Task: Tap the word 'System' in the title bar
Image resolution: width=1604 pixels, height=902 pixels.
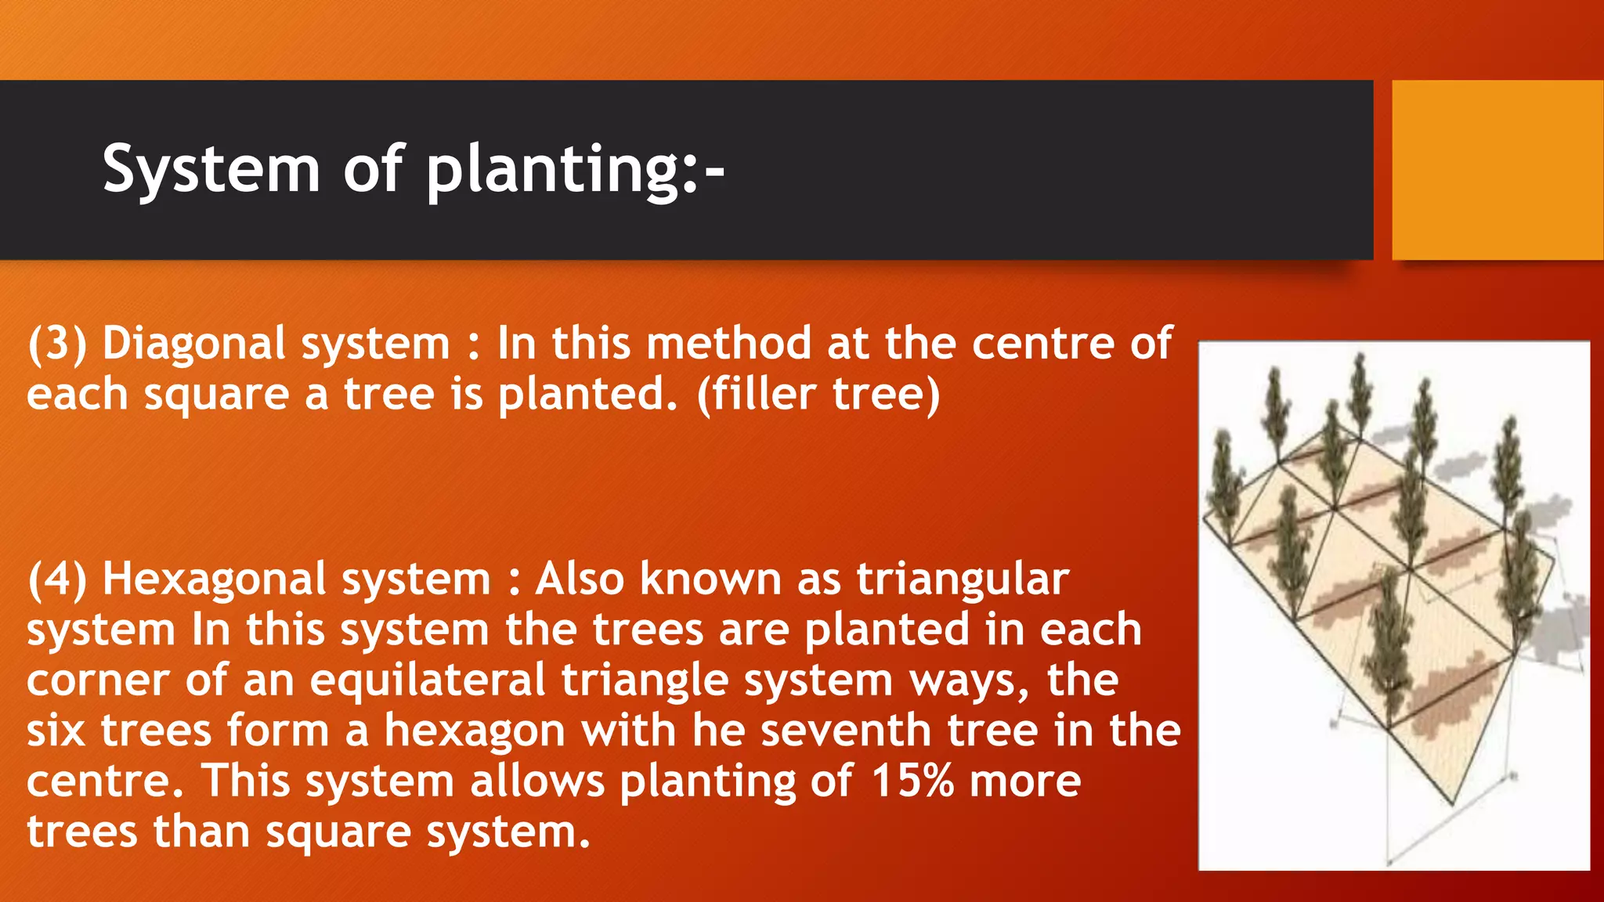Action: [211, 170]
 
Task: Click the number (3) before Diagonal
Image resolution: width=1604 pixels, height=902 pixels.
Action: [56, 344]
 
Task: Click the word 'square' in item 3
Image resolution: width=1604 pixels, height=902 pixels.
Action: [217, 395]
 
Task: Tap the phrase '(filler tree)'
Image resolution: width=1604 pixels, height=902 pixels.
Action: [818, 394]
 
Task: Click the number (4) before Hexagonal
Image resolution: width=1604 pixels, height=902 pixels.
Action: [56, 579]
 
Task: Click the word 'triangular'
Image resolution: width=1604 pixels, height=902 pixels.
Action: [963, 579]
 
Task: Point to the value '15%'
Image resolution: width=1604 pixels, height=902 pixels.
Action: [912, 781]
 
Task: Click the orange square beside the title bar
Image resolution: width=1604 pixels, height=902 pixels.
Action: [1497, 170]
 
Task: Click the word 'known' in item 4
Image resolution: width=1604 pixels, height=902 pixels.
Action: [710, 579]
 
